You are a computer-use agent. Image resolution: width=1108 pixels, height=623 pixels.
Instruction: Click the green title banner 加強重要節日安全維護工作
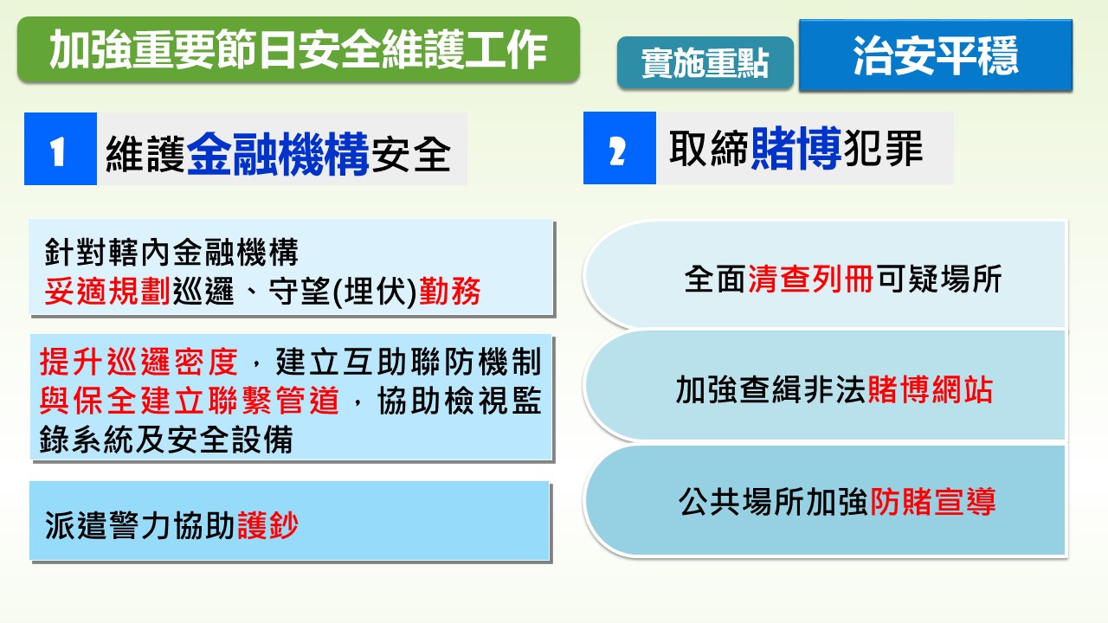point(299,49)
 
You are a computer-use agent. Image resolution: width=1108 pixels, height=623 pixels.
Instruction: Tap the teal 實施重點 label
point(705,63)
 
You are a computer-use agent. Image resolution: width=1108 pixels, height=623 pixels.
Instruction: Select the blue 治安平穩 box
point(936,55)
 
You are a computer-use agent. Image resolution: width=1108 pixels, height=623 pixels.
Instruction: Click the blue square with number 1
point(61,149)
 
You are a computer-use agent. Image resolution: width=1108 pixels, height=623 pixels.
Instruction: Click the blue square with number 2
point(620,148)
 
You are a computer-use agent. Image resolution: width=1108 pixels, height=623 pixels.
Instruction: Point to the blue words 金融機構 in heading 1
point(278,154)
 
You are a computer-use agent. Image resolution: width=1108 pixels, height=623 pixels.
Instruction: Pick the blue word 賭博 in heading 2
point(796,148)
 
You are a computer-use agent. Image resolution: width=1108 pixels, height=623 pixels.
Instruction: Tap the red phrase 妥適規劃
point(107,292)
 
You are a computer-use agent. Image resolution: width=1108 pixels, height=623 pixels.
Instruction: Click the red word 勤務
point(449,292)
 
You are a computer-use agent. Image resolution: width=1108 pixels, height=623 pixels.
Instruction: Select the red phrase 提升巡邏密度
point(138,362)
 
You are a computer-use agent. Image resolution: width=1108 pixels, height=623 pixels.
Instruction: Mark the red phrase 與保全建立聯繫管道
point(190,401)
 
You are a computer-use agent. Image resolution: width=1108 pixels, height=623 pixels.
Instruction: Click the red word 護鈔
point(267,525)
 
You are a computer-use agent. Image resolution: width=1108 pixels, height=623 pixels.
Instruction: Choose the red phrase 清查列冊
point(811,279)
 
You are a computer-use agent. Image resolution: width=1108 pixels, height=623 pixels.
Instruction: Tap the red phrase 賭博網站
point(930,390)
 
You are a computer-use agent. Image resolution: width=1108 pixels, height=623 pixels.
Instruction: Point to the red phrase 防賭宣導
point(933,502)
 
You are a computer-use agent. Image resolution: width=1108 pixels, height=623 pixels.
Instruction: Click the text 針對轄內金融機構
point(171,252)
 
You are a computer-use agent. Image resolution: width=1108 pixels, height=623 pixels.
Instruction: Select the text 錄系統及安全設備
point(166,440)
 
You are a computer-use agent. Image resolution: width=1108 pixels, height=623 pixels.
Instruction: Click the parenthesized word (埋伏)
point(375,292)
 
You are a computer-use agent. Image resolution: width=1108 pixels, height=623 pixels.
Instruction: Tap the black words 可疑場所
point(938,279)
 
